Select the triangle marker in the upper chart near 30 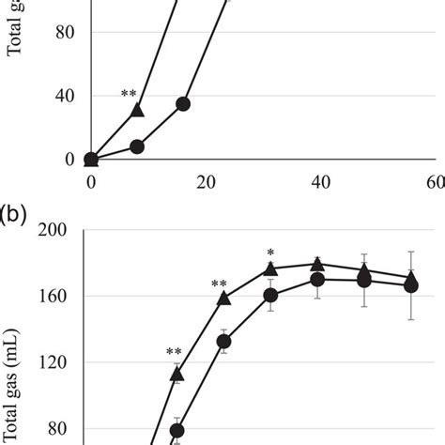[137, 110]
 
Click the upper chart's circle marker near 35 [183, 103]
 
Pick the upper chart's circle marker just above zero [137, 146]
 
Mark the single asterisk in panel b [270, 253]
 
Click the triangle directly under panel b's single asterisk [270, 269]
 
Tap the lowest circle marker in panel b [176, 431]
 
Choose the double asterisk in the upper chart [130, 95]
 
